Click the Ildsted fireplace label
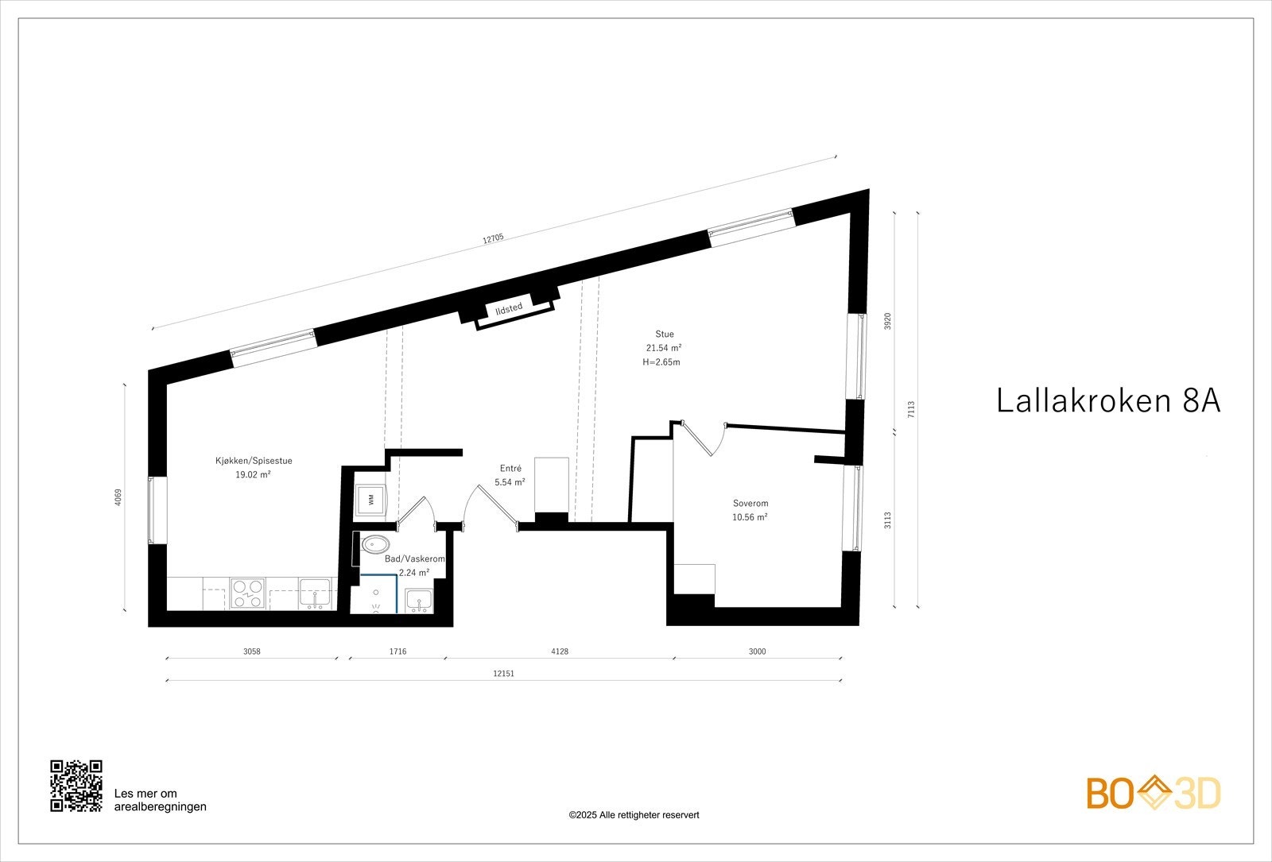pyautogui.click(x=509, y=309)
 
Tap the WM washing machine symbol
pyautogui.click(x=370, y=499)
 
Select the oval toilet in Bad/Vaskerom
pyautogui.click(x=374, y=545)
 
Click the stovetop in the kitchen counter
pyautogui.click(x=247, y=593)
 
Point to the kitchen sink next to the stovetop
pyautogui.click(x=316, y=593)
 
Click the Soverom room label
pyautogui.click(x=750, y=503)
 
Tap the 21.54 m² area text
pyautogui.click(x=664, y=348)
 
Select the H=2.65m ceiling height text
pyautogui.click(x=661, y=362)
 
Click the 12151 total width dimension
pyautogui.click(x=503, y=673)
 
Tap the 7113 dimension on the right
pyautogui.click(x=911, y=409)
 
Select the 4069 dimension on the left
pyautogui.click(x=118, y=497)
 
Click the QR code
pyautogui.click(x=76, y=786)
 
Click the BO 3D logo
pyautogui.click(x=1154, y=794)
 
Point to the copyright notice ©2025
pyautogui.click(x=634, y=815)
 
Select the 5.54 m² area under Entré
pyautogui.click(x=510, y=482)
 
